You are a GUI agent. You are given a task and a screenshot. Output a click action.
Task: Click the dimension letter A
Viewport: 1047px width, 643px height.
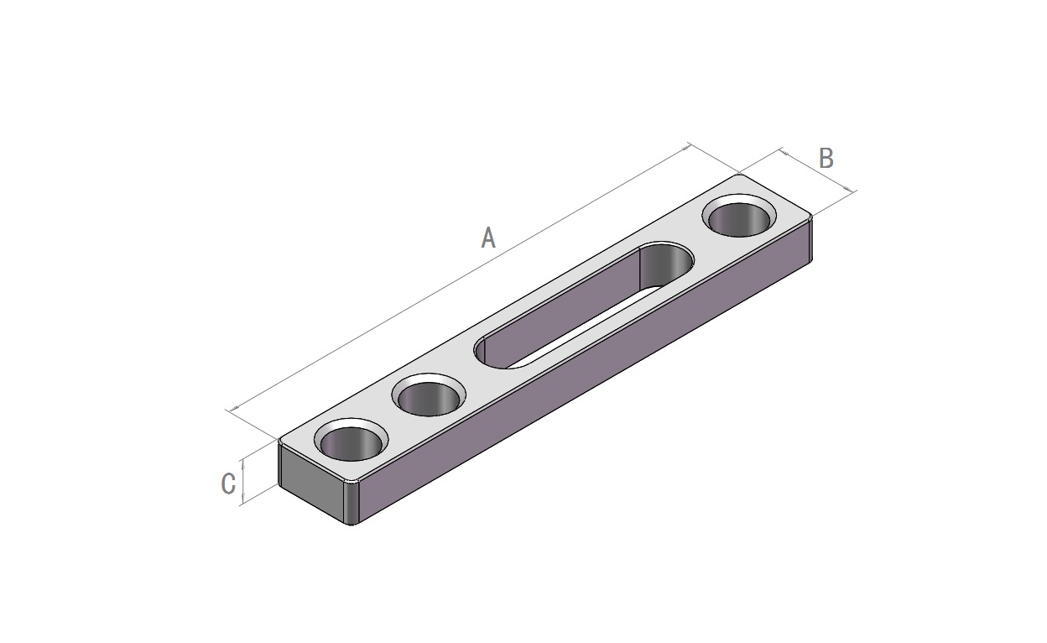pos(488,238)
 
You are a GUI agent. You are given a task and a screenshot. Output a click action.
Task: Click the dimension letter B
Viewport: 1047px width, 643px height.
pos(826,158)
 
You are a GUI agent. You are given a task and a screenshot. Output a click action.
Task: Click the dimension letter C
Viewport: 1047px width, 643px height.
pos(228,484)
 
